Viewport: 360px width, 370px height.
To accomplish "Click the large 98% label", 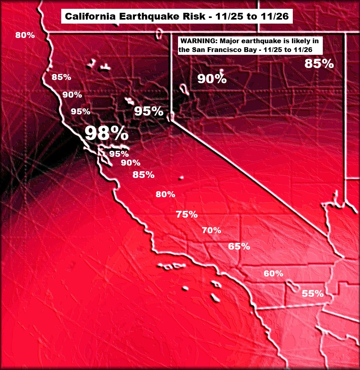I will click(106, 133).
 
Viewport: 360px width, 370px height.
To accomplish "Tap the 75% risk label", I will click(187, 214).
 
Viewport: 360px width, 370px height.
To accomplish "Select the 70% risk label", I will click(212, 230).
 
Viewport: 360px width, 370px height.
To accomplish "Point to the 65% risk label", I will click(239, 246).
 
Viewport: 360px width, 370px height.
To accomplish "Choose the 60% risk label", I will click(273, 274).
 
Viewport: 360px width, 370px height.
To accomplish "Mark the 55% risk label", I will click(312, 294).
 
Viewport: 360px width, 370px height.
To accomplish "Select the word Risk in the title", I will click(190, 17).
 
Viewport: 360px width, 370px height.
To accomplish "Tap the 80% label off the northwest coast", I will click(25, 35).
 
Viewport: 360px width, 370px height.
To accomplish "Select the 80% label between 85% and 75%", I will click(165, 194).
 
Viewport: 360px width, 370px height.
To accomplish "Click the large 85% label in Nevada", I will click(319, 64).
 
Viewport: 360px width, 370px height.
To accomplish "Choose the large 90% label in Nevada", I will click(212, 79).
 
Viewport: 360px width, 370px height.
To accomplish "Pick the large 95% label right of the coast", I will click(148, 111).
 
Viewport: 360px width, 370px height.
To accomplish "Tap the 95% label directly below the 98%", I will click(119, 154).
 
